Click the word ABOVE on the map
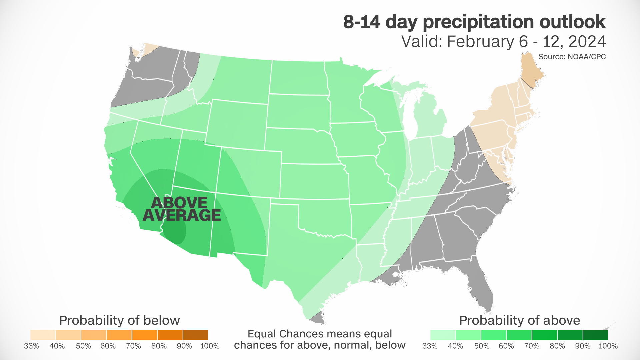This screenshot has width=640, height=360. (179, 203)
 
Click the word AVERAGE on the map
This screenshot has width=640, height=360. (182, 215)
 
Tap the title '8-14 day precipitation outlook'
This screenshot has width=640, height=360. (474, 22)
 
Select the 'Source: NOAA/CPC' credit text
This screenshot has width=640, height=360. (572, 57)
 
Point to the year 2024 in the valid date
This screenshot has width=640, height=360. (587, 42)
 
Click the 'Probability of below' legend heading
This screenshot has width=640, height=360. (119, 320)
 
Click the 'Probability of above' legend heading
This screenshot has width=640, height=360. (519, 320)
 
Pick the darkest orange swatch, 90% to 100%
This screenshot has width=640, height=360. (195, 335)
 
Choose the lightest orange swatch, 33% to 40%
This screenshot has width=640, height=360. (43, 335)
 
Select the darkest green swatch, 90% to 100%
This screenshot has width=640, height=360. (595, 335)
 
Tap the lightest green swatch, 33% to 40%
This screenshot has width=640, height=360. (443, 335)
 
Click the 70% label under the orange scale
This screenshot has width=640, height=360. (133, 346)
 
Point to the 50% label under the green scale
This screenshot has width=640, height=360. (482, 346)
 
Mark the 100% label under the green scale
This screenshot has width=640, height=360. (608, 346)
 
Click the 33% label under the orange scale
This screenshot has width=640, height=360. (32, 346)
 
